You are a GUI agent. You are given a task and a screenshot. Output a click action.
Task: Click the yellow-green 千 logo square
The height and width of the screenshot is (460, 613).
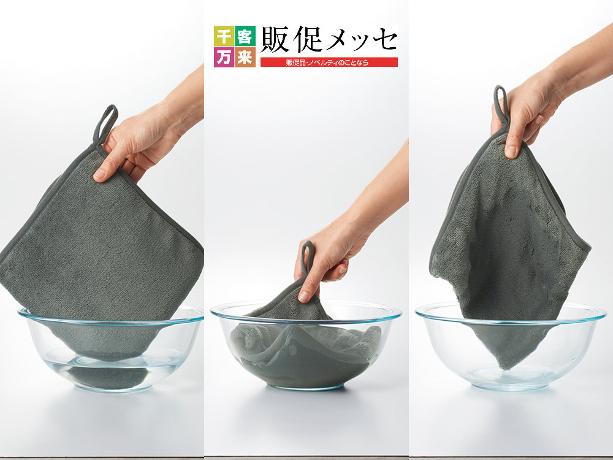pos(224,36)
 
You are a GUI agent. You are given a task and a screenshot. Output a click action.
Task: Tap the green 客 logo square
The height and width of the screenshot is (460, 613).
pos(245,36)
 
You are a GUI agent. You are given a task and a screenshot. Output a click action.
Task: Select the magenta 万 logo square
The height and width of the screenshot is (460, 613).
pos(224,57)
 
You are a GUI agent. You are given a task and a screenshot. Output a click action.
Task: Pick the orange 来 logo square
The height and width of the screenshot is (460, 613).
pos(245,57)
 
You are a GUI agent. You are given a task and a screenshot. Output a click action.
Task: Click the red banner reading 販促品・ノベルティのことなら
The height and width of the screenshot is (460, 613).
pos(329,62)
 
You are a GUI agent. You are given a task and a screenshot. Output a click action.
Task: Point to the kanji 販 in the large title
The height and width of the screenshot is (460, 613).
pos(275,39)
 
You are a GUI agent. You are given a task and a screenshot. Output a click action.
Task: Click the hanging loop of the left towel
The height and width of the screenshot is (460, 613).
pos(105,125)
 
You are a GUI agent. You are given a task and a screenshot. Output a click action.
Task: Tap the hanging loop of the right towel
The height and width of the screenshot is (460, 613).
pos(500,104)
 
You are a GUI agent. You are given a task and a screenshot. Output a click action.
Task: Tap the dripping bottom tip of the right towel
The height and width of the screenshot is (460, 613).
pos(506,367)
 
